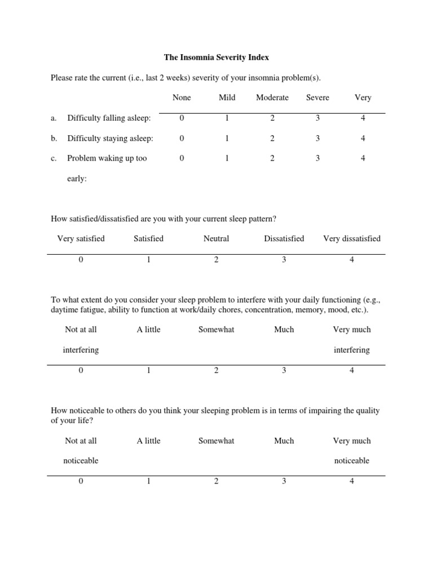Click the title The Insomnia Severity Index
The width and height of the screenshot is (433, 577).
pyautogui.click(x=216, y=57)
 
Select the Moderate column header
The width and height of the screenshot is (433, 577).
pyautogui.click(x=272, y=97)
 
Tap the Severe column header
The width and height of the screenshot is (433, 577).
pyautogui.click(x=317, y=97)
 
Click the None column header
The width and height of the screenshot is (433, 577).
pyautogui.click(x=182, y=97)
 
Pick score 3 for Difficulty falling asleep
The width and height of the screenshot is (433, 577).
pyautogui.click(x=317, y=118)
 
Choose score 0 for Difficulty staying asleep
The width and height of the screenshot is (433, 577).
pyautogui.click(x=182, y=138)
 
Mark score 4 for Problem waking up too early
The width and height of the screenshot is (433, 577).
pyautogui.click(x=363, y=158)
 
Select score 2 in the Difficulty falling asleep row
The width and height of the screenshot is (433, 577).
pyautogui.click(x=272, y=118)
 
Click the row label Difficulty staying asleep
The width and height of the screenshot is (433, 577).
pyautogui.click(x=110, y=138)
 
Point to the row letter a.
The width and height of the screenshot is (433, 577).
pyautogui.click(x=54, y=118)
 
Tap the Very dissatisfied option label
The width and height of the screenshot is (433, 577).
pyautogui.click(x=352, y=238)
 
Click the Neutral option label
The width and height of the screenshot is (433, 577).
pyautogui.click(x=216, y=238)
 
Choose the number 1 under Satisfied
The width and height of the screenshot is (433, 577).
pyautogui.click(x=148, y=260)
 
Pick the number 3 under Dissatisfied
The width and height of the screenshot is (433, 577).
pyautogui.click(x=284, y=260)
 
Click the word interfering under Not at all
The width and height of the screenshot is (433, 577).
pyautogui.click(x=81, y=350)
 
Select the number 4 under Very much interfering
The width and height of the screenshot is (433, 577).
pyautogui.click(x=352, y=370)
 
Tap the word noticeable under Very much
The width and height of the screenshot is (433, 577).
pyautogui.click(x=352, y=460)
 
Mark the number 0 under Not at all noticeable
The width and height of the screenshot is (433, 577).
pyautogui.click(x=81, y=481)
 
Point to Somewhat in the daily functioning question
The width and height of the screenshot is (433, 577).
pyautogui.click(x=216, y=330)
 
